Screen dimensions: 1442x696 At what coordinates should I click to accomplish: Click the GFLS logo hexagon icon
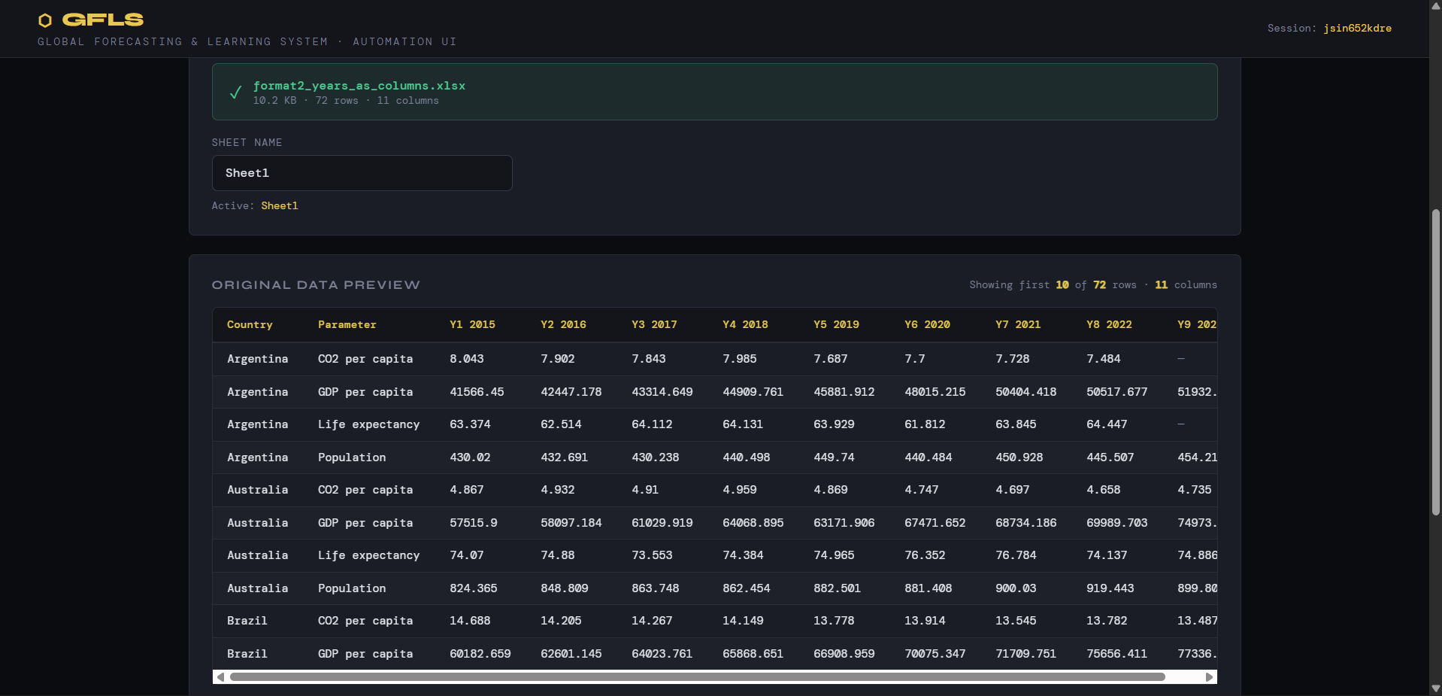45,20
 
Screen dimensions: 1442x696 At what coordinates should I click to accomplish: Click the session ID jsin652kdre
1357,29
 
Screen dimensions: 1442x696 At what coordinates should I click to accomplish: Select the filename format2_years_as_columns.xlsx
359,86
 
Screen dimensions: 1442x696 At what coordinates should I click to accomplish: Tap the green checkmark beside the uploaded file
235,92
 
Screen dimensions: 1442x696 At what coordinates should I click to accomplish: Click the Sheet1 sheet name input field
362,173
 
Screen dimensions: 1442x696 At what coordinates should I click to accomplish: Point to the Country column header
250,325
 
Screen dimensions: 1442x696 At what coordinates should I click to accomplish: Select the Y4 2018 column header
745,325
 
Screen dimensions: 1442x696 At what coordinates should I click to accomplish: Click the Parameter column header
347,325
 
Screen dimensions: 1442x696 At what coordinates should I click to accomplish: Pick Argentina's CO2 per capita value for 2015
467,359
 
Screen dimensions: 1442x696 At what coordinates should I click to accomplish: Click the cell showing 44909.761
753,392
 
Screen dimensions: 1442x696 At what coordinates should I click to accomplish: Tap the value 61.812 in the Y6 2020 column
925,424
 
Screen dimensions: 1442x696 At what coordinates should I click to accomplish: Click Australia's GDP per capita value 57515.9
474,523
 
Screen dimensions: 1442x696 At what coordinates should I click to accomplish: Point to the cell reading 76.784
1016,555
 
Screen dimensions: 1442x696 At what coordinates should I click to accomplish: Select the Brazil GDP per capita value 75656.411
1116,654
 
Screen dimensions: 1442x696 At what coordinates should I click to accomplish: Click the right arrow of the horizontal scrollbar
1209,677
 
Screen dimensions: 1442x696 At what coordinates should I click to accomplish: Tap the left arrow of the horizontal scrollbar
220,677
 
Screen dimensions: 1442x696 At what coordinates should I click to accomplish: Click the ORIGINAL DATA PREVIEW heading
316,285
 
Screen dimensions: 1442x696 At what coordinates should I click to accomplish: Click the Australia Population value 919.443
1110,588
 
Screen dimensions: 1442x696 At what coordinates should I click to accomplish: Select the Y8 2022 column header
1109,325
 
